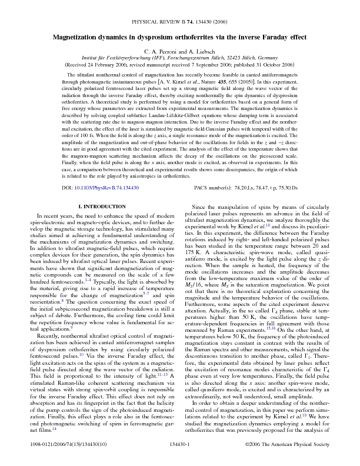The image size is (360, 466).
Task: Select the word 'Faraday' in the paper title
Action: pos(282,36)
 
